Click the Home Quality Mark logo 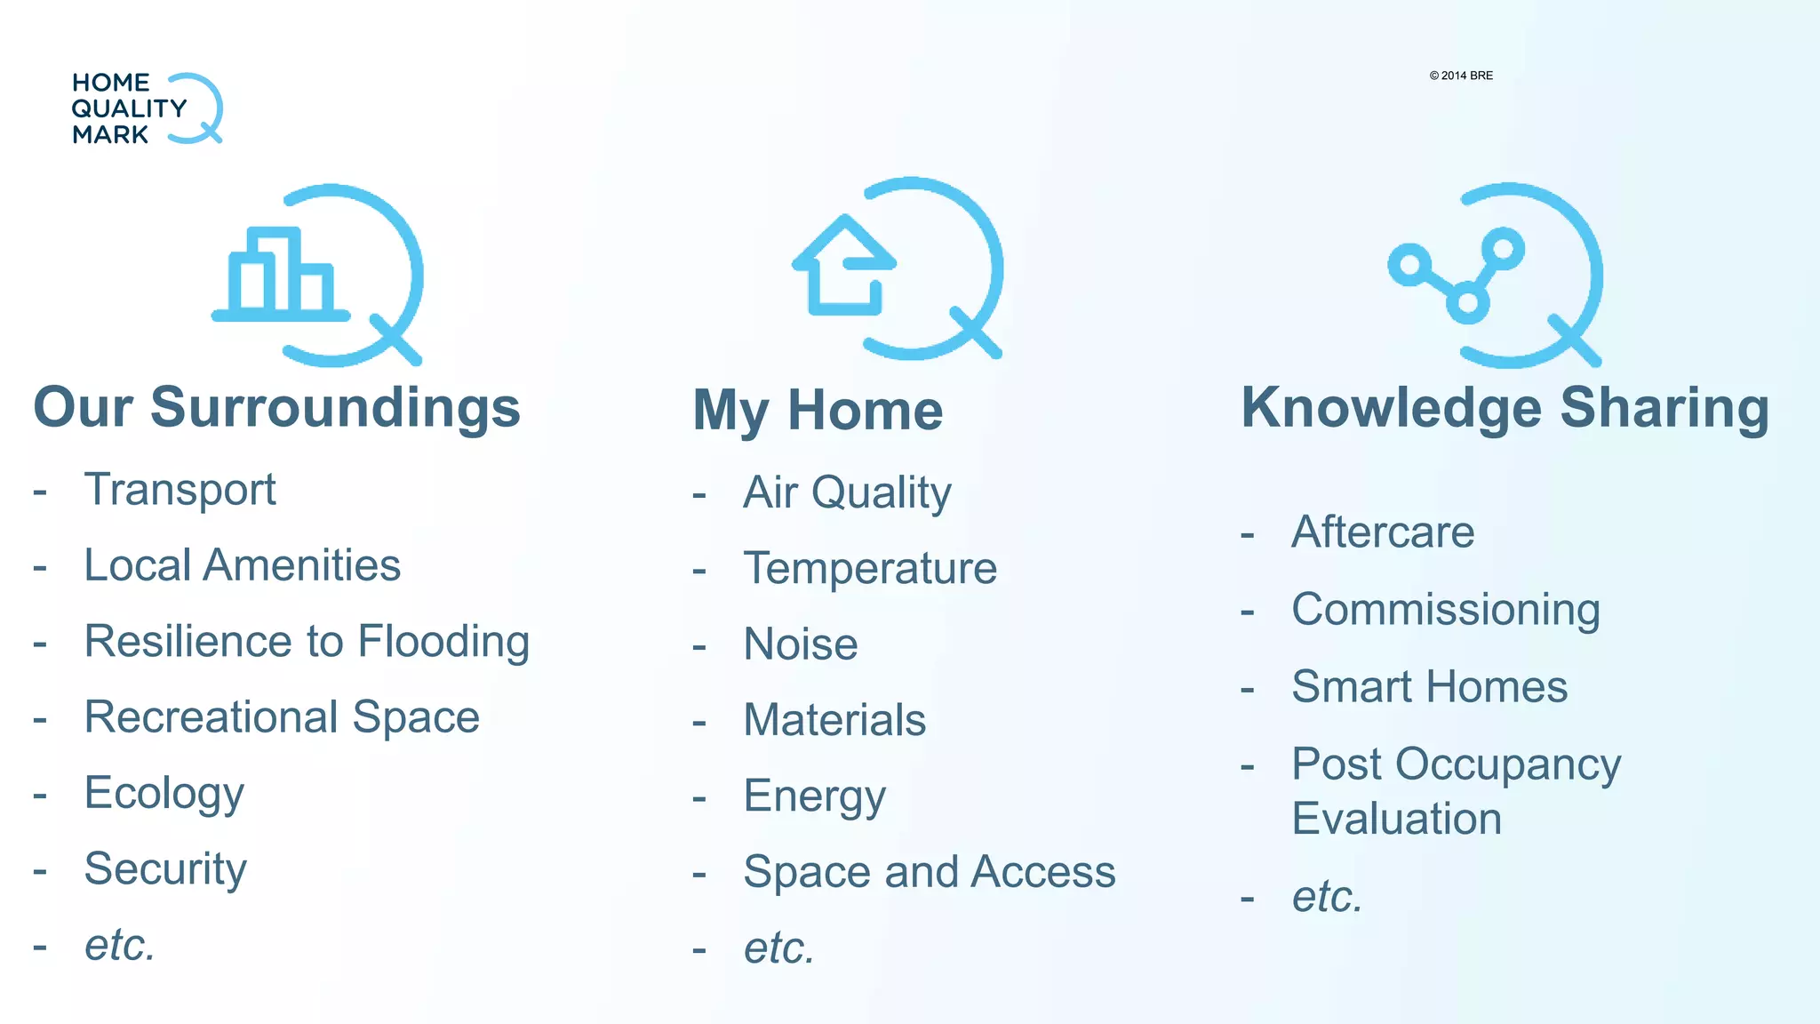click(147, 108)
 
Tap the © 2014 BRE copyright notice click(1461, 76)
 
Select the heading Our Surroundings click(276, 407)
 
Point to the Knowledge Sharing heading click(1505, 407)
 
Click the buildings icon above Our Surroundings click(315, 276)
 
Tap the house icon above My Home click(898, 269)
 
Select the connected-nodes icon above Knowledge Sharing click(1496, 276)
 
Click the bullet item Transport click(180, 490)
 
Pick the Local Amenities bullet click(242, 565)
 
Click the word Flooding click(443, 641)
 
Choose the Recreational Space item click(282, 716)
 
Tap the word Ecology click(164, 793)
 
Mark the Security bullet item click(165, 868)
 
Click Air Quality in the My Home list click(847, 492)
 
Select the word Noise click(801, 644)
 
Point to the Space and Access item click(929, 871)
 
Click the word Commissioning click(1446, 610)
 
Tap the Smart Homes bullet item click(1429, 687)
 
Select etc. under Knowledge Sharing click(1327, 896)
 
